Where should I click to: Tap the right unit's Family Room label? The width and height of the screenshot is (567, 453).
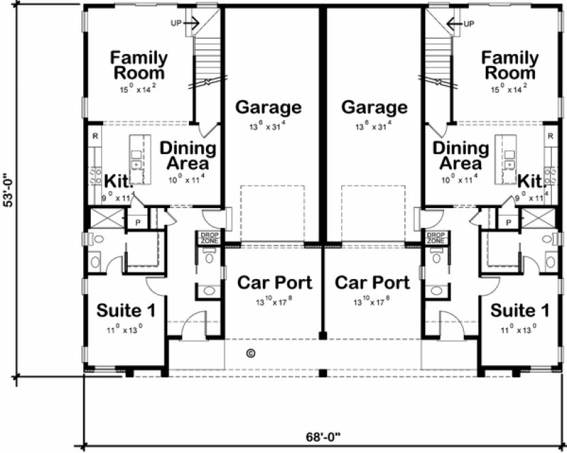pyautogui.click(x=508, y=64)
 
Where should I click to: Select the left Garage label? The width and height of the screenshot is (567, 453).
pyautogui.click(x=268, y=108)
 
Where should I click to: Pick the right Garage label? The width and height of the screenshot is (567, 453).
pyautogui.click(x=374, y=108)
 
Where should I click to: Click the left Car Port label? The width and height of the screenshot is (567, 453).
pyautogui.click(x=274, y=282)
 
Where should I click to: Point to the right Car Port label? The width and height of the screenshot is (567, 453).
pyautogui.click(x=373, y=282)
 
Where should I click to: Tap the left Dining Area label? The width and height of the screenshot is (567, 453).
pyautogui.click(x=188, y=156)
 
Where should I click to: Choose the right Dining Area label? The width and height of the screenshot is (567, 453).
pyautogui.click(x=461, y=156)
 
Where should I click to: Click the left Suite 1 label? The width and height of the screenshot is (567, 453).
pyautogui.click(x=126, y=311)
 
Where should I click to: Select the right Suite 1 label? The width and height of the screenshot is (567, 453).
pyautogui.click(x=520, y=311)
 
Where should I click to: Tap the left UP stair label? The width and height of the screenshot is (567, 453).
pyautogui.click(x=176, y=23)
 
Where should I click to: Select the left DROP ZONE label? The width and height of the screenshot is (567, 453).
pyautogui.click(x=208, y=237)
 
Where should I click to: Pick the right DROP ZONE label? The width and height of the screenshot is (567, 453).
pyautogui.click(x=435, y=237)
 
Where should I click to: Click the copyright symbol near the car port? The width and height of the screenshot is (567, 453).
pyautogui.click(x=250, y=353)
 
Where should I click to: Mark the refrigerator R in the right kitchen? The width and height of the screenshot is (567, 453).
pyautogui.click(x=551, y=136)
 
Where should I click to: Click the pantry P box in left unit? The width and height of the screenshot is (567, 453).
pyautogui.click(x=137, y=222)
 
